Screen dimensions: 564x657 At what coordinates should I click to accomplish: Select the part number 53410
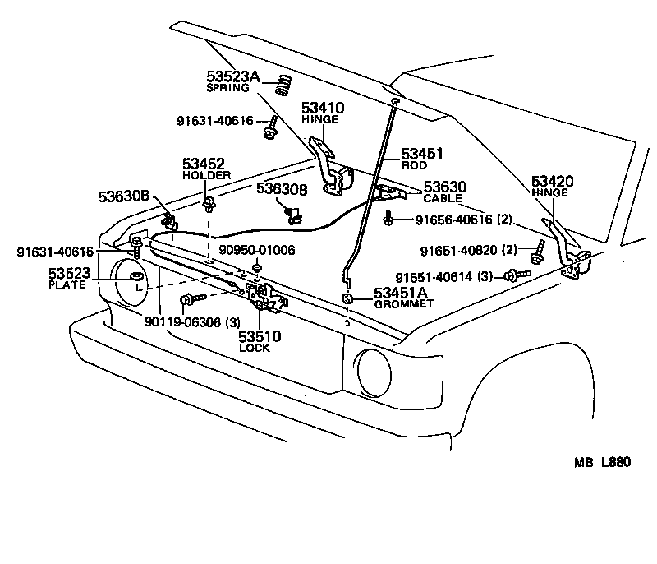[322, 108]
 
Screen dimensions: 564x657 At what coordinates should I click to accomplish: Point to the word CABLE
[443, 198]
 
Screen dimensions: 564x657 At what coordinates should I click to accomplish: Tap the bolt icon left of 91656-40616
[391, 220]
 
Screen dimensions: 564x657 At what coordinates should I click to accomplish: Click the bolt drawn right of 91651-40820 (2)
[538, 252]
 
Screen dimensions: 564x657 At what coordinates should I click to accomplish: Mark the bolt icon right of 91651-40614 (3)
[512, 276]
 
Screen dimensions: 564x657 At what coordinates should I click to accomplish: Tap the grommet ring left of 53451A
[348, 298]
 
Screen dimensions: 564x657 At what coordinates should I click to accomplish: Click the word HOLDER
[206, 175]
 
